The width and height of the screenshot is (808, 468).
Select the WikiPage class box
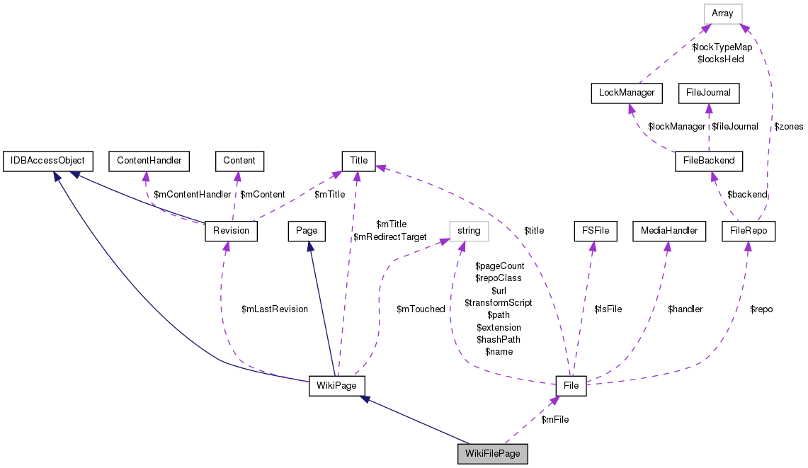click(337, 386)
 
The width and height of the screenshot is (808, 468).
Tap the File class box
click(571, 386)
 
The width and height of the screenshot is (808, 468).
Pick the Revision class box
click(231, 231)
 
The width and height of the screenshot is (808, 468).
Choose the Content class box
click(239, 161)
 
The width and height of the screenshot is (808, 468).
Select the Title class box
click(358, 161)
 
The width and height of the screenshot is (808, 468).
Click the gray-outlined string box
click(469, 231)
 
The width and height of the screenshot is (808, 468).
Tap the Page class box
click(306, 231)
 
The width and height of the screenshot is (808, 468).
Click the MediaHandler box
click(668, 231)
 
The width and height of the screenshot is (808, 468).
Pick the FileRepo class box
click(749, 231)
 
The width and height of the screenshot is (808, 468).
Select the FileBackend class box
click(710, 161)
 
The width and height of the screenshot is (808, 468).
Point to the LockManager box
click(626, 93)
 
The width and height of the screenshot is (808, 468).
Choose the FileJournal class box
click(709, 93)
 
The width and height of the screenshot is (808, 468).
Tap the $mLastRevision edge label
click(275, 309)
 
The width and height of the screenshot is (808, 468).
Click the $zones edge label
click(788, 127)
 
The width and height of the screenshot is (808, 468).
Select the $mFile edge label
click(554, 420)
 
